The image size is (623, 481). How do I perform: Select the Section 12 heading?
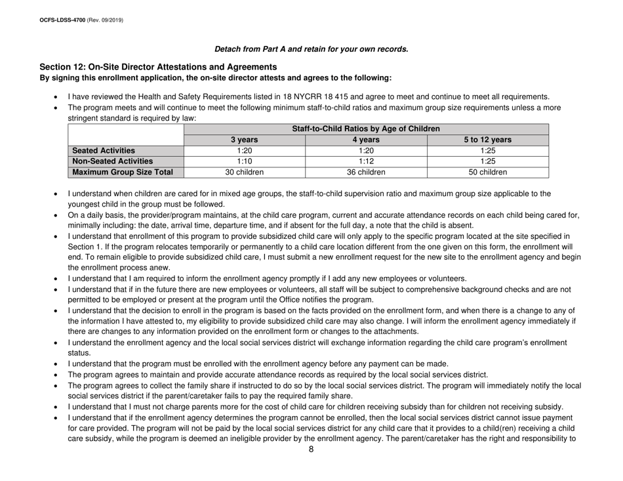pyautogui.click(x=157, y=67)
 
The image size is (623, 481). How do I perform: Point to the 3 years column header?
pyautogui.click(x=245, y=140)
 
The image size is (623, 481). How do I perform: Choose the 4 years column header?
pyautogui.click(x=366, y=140)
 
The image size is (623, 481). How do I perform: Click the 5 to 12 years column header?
pyautogui.click(x=487, y=140)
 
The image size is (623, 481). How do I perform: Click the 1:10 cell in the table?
pyautogui.click(x=245, y=162)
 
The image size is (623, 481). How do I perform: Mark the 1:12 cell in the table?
pyautogui.click(x=366, y=162)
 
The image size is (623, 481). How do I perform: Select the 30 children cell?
pyautogui.click(x=245, y=173)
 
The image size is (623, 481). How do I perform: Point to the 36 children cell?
pyautogui.click(x=366, y=173)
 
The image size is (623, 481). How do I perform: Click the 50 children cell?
pyautogui.click(x=487, y=173)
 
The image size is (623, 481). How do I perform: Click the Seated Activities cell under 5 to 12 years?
pyautogui.click(x=487, y=151)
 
